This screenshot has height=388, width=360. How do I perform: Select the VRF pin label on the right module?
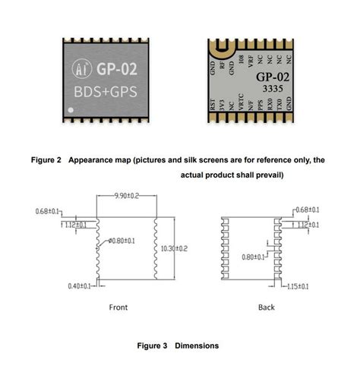point(250,58)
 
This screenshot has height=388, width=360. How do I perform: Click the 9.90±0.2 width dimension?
point(125,196)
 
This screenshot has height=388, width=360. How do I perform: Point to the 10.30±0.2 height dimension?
point(175,248)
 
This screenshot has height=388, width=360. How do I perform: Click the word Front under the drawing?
point(118,307)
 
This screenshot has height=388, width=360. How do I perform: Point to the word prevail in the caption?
point(267,175)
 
